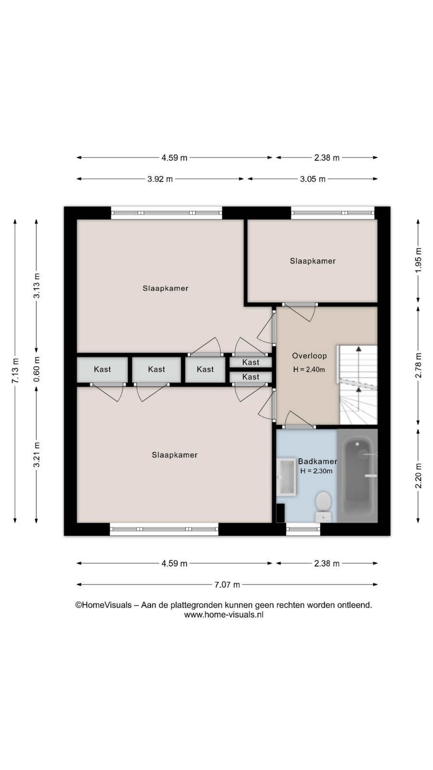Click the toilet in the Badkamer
(323, 507)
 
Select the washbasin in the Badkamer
(287, 477)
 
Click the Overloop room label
(309, 356)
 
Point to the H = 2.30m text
(316, 471)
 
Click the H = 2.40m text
(309, 370)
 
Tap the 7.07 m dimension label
(227, 585)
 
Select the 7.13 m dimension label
(15, 371)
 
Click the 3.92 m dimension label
(160, 179)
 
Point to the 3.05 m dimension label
(313, 179)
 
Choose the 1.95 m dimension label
(418, 260)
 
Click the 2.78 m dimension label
(418, 365)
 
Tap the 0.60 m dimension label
(37, 369)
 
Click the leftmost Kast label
(102, 369)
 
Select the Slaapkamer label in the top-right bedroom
(313, 261)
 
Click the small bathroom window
(303, 529)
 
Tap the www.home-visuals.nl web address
(224, 615)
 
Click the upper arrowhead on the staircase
(359, 348)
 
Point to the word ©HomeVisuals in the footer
(103, 605)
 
